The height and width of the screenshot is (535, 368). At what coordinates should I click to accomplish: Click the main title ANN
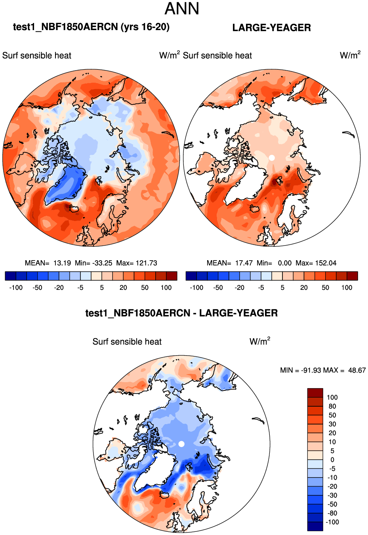click(182, 9)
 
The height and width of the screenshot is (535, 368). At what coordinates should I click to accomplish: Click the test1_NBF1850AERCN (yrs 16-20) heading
click(91, 27)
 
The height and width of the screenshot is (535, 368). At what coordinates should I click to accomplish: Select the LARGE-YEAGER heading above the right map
click(271, 28)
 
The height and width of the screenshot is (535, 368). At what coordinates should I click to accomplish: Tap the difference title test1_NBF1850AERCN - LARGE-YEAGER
click(181, 313)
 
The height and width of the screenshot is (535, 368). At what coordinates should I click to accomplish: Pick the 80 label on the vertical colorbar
click(332, 406)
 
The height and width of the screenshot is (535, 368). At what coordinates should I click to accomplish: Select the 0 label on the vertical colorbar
click(332, 460)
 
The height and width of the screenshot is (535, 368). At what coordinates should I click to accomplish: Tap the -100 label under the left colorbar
click(16, 287)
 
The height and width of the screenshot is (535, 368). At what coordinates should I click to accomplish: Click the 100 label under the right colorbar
click(347, 287)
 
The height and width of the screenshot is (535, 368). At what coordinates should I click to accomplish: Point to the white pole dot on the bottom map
click(181, 444)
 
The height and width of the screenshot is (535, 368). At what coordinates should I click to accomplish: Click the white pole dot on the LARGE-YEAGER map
click(271, 158)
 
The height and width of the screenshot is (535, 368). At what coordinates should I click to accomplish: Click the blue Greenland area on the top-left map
click(67, 184)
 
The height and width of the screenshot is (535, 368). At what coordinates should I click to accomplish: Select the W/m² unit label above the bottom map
click(260, 341)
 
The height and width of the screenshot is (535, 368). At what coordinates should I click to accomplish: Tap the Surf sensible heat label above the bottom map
click(127, 342)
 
